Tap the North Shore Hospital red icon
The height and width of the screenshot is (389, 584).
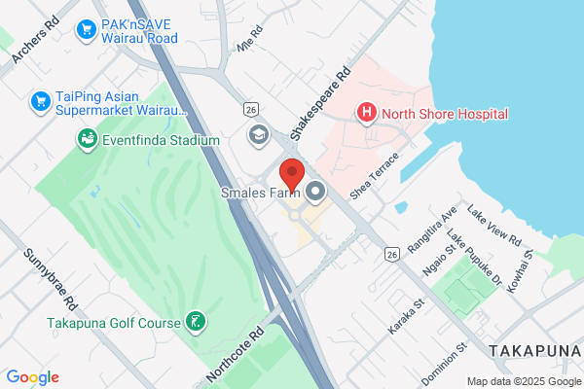coord(367,114)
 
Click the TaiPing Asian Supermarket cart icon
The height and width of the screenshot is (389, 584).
coord(40,100)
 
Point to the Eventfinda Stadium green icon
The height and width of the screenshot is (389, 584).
coord(88,140)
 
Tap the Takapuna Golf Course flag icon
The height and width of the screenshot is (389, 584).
coord(196,322)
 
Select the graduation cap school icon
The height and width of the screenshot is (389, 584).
coord(258,133)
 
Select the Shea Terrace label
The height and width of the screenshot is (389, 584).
coord(375,176)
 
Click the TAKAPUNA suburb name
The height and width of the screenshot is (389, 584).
coord(535,350)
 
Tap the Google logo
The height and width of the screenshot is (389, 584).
coord(32,377)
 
